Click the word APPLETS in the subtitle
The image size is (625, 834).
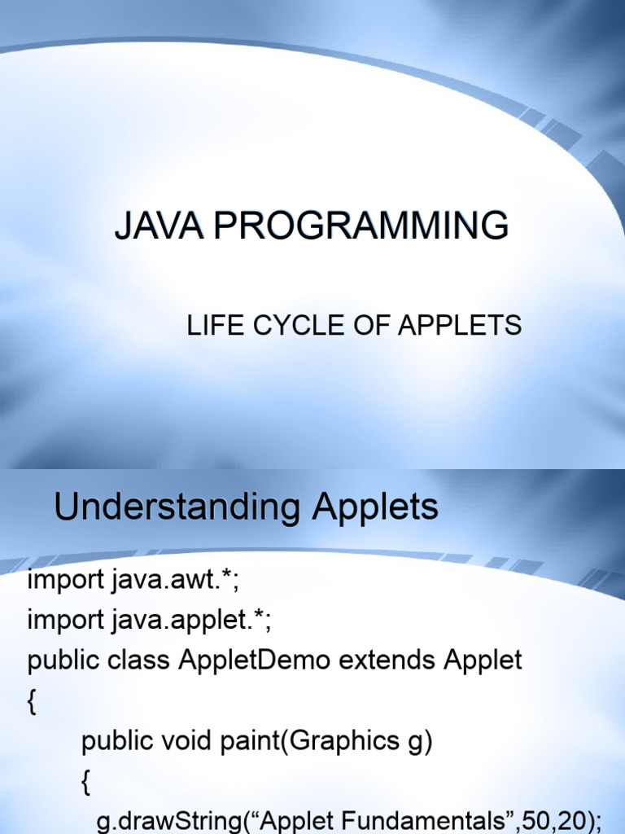point(459,326)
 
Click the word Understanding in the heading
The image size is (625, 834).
point(177,508)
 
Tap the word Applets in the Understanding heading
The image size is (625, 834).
point(376,508)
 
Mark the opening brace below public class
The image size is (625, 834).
point(32,702)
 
